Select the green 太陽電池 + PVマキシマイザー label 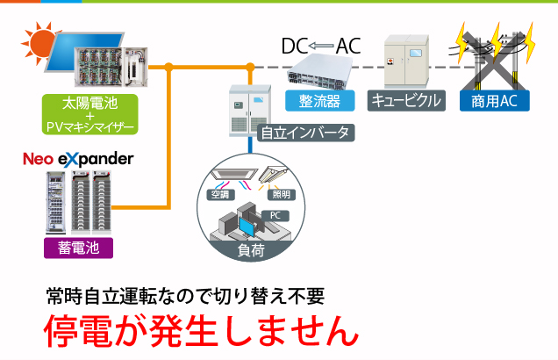point(89,114)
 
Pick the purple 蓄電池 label point(78,248)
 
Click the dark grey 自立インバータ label point(306,133)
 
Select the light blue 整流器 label point(319,100)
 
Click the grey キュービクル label point(404,100)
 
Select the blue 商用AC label point(494,100)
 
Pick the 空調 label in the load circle point(218,193)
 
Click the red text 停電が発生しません point(202,330)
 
